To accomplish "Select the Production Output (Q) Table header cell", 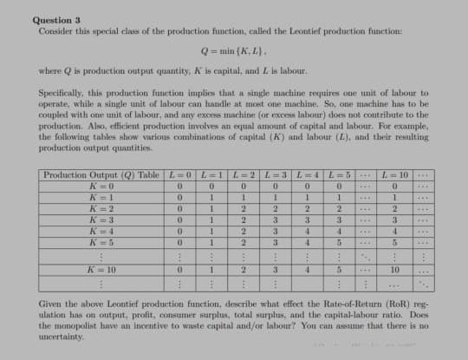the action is click(102, 176).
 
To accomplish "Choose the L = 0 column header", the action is click(181, 176).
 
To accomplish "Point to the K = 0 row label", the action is click(102, 187).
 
